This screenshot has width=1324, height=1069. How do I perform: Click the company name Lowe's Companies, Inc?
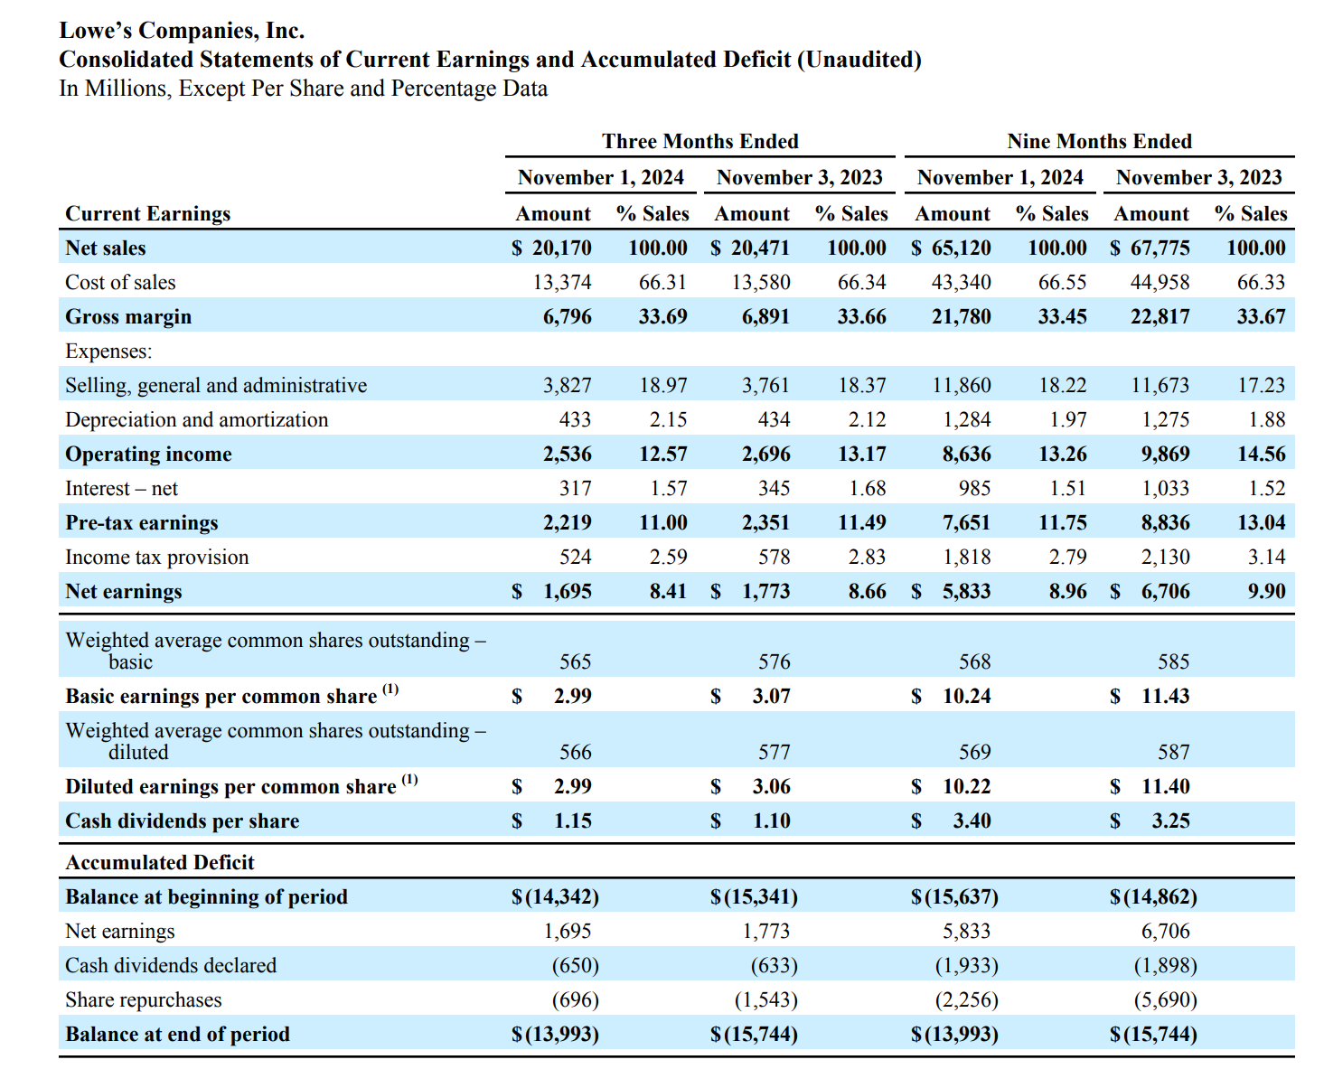[182, 31]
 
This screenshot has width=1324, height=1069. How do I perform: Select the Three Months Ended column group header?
[700, 141]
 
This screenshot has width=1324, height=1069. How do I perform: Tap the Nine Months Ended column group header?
[1099, 141]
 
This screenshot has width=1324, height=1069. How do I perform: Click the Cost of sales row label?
[120, 282]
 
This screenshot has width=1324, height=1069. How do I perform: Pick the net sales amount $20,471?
[750, 248]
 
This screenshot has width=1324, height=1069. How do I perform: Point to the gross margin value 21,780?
[961, 316]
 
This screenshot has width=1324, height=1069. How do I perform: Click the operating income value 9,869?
[1165, 454]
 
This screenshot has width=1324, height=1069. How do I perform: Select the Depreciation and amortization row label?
[196, 419]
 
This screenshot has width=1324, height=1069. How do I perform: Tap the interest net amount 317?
[575, 488]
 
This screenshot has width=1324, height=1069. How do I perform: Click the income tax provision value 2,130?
[1165, 557]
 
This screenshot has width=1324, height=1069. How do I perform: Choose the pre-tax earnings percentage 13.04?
[1261, 522]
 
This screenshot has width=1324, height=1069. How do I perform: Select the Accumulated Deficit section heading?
[160, 862]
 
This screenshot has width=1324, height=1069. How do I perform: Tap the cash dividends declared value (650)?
[576, 965]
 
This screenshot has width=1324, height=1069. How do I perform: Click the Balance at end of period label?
[178, 1034]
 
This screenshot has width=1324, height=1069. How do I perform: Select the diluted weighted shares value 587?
[1174, 752]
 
